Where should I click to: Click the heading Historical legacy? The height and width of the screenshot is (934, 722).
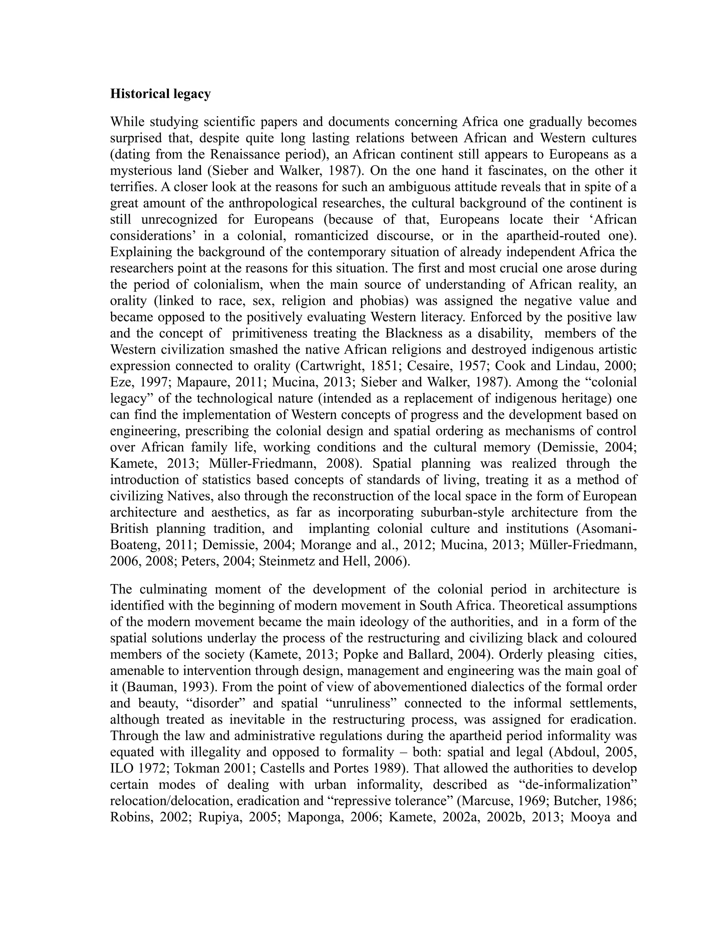160,94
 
